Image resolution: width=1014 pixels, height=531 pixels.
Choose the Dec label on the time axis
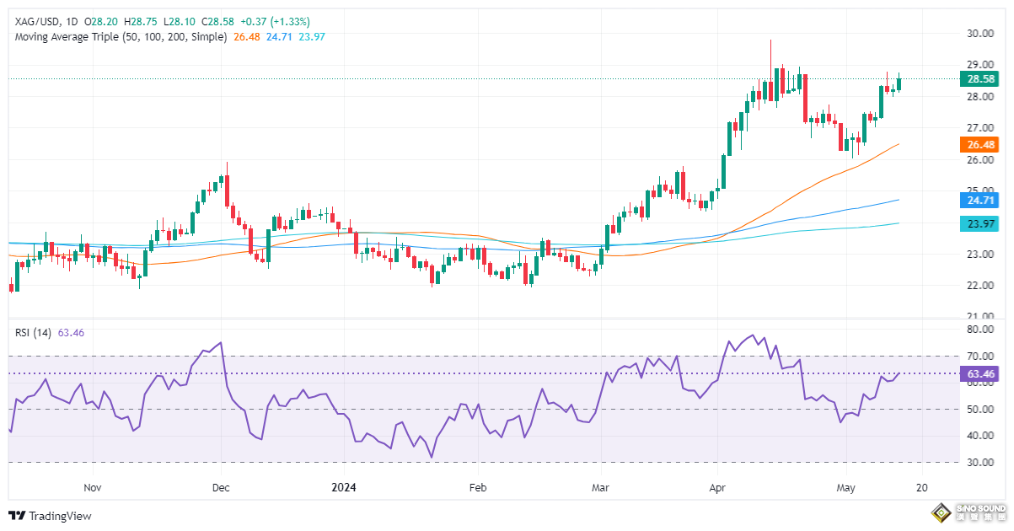pos(221,487)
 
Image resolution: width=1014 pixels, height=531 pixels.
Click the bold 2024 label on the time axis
pos(345,487)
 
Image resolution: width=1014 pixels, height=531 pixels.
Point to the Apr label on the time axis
pos(717,487)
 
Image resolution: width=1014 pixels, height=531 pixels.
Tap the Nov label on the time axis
pos(93,487)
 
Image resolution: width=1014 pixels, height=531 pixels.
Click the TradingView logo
pos(51,516)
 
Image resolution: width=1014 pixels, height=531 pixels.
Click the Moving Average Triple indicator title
pos(121,37)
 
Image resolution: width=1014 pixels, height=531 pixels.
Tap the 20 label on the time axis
pos(922,487)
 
